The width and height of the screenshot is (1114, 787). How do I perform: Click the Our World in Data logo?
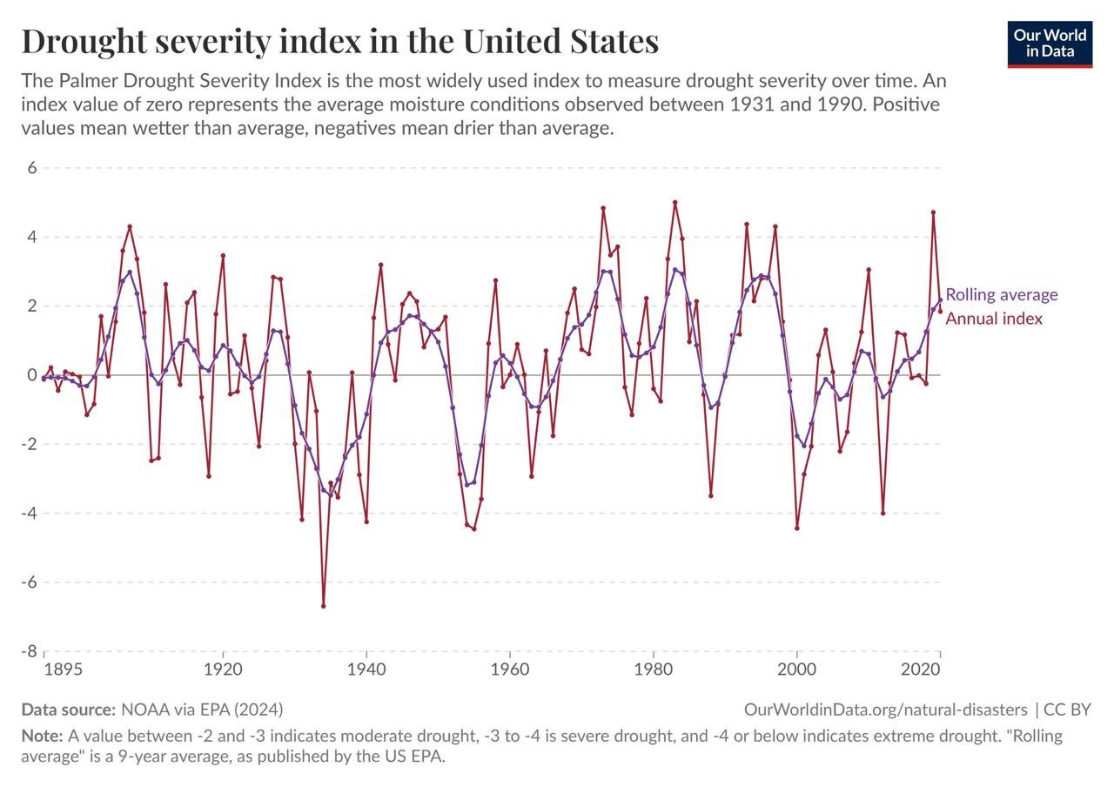click(1050, 44)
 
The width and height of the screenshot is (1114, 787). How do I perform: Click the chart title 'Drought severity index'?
click(339, 42)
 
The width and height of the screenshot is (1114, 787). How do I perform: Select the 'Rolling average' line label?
click(1002, 294)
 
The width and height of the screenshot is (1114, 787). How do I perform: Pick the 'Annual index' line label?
click(994, 319)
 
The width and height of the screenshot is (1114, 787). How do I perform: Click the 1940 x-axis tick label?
click(366, 670)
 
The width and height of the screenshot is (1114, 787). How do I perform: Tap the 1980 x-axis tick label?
click(653, 670)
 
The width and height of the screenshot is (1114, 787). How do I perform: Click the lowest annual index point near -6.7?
click(323, 606)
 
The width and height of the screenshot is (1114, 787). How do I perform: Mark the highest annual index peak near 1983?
click(674, 202)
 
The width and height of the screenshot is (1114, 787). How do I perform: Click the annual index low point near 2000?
click(796, 528)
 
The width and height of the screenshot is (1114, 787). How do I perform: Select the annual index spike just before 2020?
click(933, 212)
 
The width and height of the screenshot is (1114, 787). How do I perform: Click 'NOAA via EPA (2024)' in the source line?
click(201, 709)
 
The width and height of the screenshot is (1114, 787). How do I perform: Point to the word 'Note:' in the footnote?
click(40, 736)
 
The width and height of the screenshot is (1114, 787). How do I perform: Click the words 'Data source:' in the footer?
click(68, 709)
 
